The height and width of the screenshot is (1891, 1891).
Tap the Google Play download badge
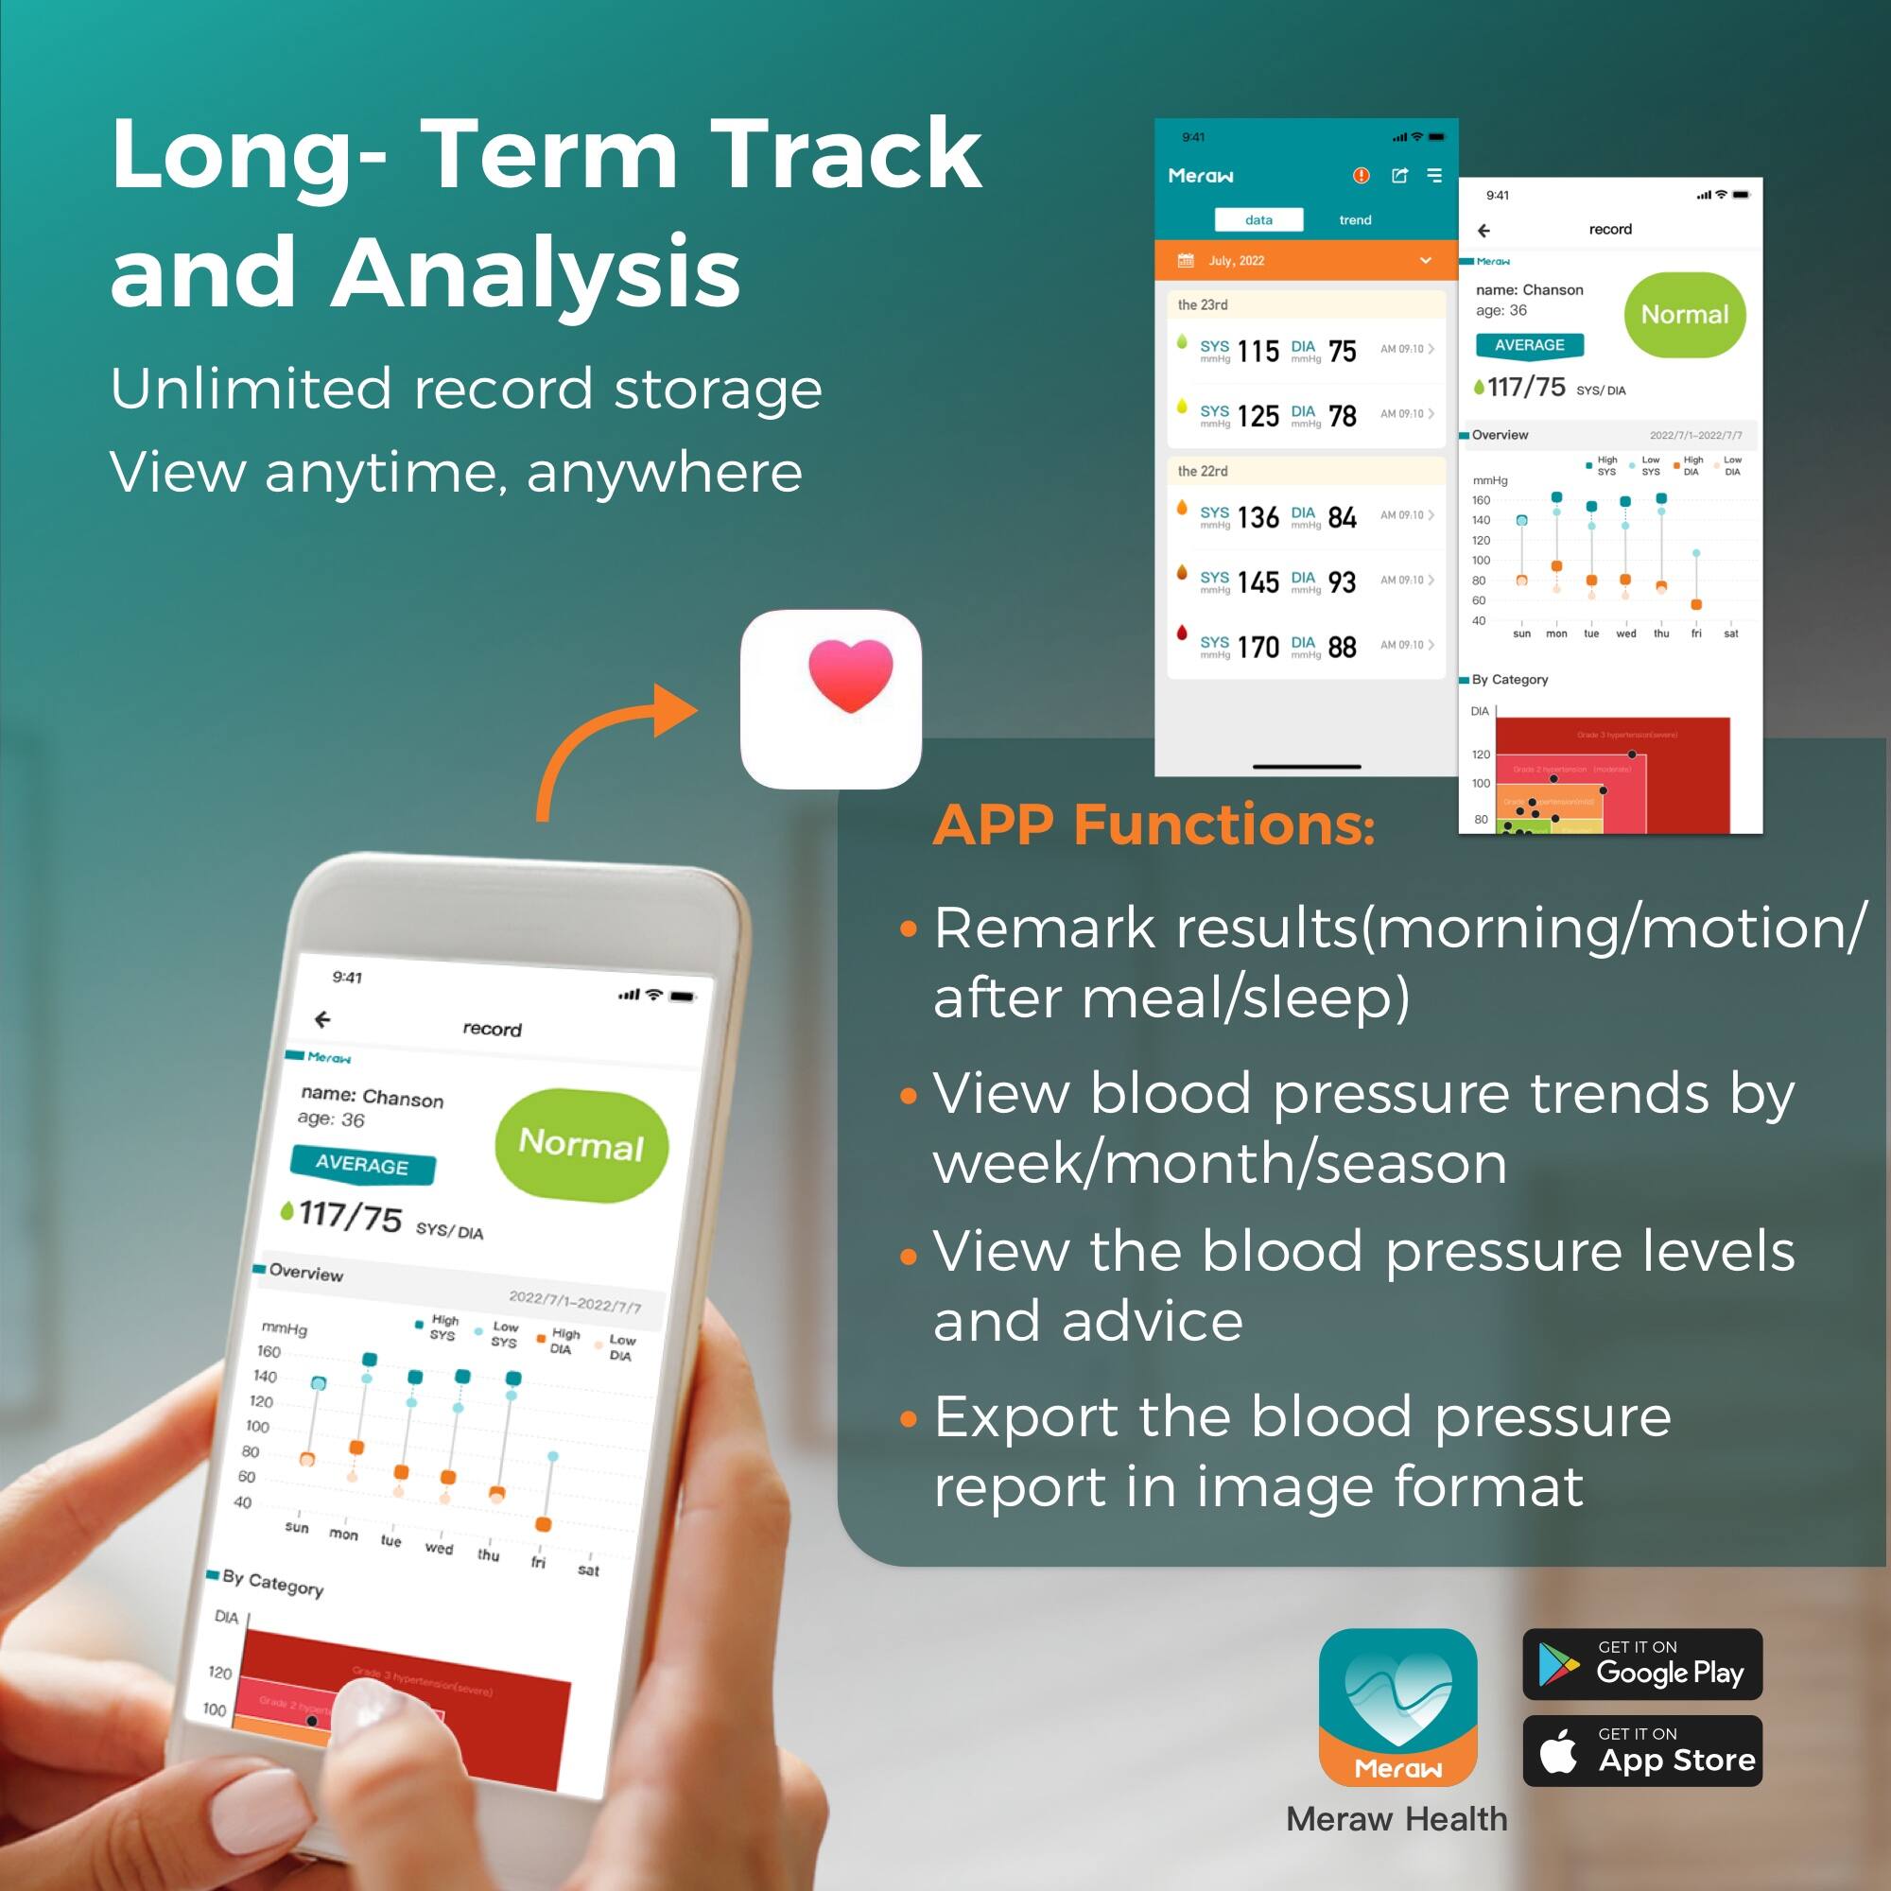pos(1641,1664)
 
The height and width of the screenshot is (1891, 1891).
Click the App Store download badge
pos(1641,1751)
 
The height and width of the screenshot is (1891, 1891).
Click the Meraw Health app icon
pos(1397,1707)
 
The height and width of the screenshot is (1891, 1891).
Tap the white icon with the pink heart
pos(830,699)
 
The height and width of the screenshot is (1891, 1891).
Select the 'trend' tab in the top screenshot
pos(1355,220)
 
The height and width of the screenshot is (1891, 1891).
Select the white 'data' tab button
pos(1258,220)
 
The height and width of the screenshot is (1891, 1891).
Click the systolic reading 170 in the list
pos(1258,647)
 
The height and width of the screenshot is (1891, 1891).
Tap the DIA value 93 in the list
pos(1342,582)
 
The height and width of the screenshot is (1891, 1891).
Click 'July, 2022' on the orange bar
pos(1236,260)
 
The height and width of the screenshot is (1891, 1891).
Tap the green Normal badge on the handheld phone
pos(581,1144)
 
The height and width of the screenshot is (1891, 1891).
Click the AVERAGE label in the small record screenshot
pos(1529,344)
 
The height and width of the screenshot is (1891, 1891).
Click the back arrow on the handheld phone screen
pos(322,1020)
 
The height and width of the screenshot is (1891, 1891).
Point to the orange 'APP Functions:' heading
pos(1154,825)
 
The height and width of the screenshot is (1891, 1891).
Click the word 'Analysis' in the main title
pos(535,272)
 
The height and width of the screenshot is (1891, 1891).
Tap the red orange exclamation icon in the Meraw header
pos(1361,175)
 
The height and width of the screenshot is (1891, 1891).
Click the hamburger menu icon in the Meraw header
pos(1434,175)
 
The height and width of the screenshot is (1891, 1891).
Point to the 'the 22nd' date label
pos(1202,471)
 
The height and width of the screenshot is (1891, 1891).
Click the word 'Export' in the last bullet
pos(1026,1417)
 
